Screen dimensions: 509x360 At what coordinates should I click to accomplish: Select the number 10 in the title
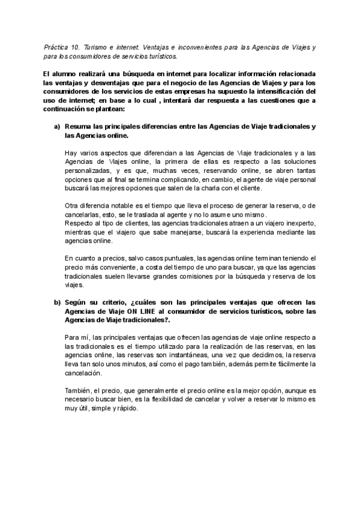click(77, 46)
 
